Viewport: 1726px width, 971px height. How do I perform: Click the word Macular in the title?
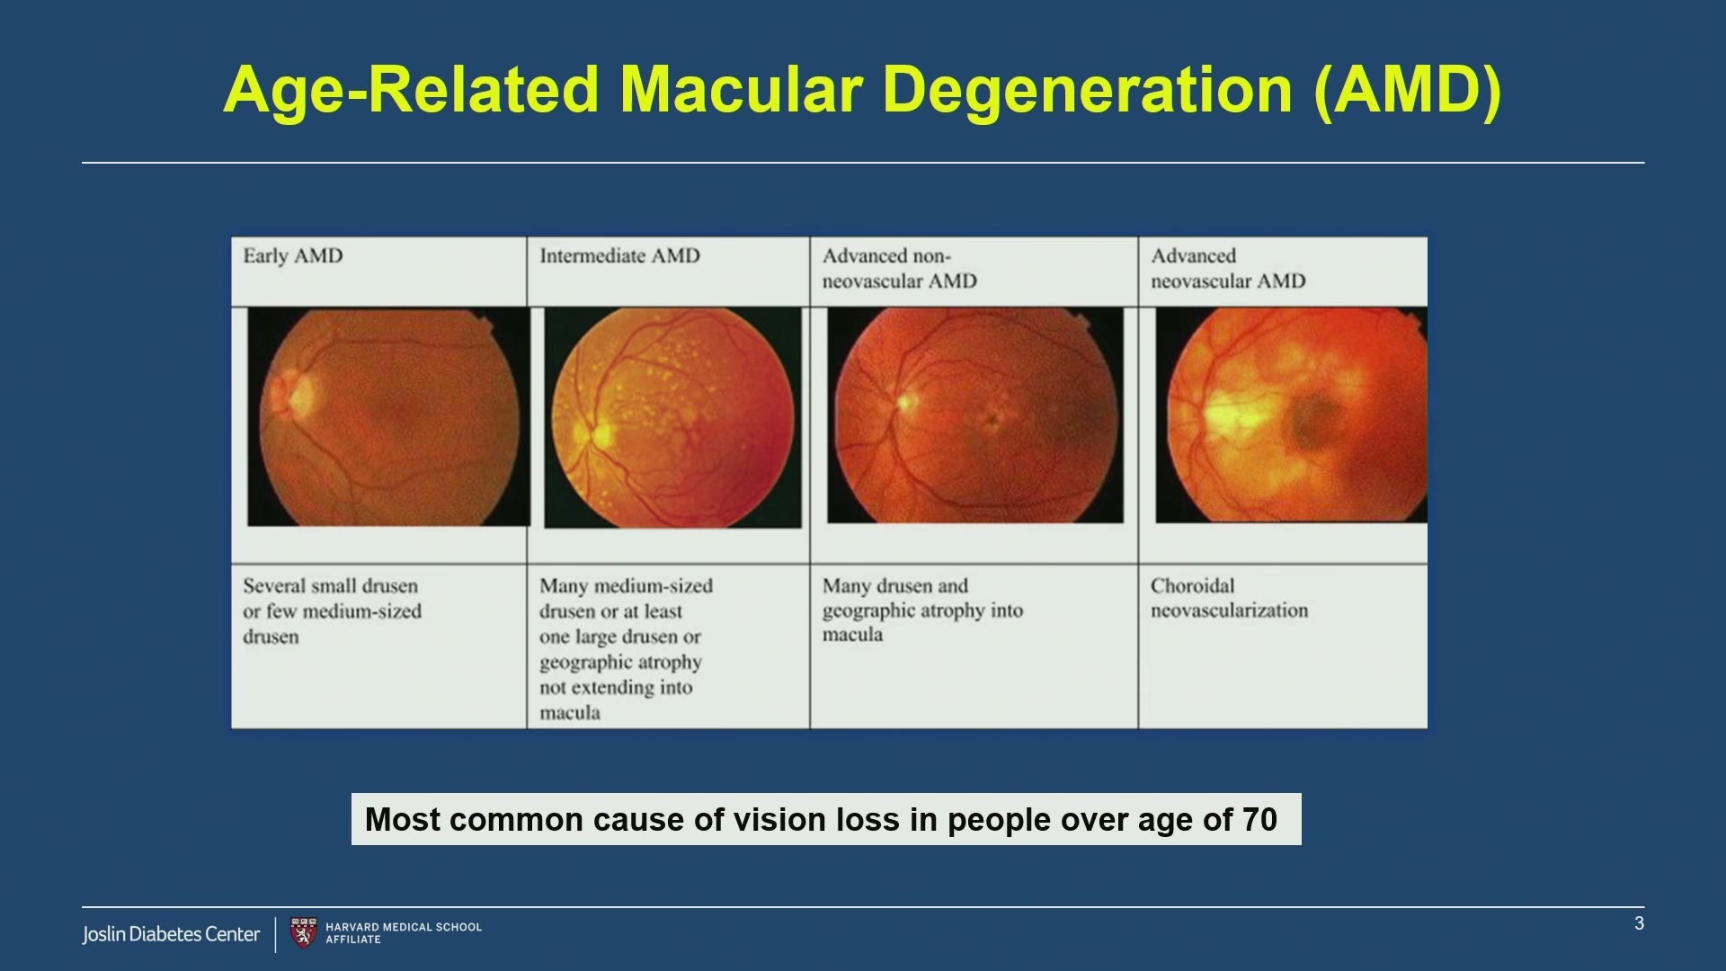point(742,90)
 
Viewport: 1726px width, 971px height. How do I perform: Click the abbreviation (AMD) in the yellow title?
point(1407,91)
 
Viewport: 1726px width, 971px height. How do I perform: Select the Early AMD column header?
point(293,256)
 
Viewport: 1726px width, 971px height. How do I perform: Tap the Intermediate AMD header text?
point(619,256)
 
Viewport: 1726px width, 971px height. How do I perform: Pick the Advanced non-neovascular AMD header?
point(899,268)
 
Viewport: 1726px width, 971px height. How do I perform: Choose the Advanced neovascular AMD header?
point(1228,268)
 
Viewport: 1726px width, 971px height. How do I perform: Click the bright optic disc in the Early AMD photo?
point(297,393)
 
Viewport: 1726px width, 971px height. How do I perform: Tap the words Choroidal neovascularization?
point(1229,598)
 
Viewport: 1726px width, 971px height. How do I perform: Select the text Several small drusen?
point(330,586)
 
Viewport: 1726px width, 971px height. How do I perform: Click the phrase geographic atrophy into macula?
point(922,622)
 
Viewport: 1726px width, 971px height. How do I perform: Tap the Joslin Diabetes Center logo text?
point(171,934)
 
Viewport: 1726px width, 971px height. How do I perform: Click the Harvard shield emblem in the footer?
point(304,933)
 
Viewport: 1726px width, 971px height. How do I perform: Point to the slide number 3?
point(1639,923)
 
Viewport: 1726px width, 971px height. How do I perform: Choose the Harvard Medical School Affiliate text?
point(404,933)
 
